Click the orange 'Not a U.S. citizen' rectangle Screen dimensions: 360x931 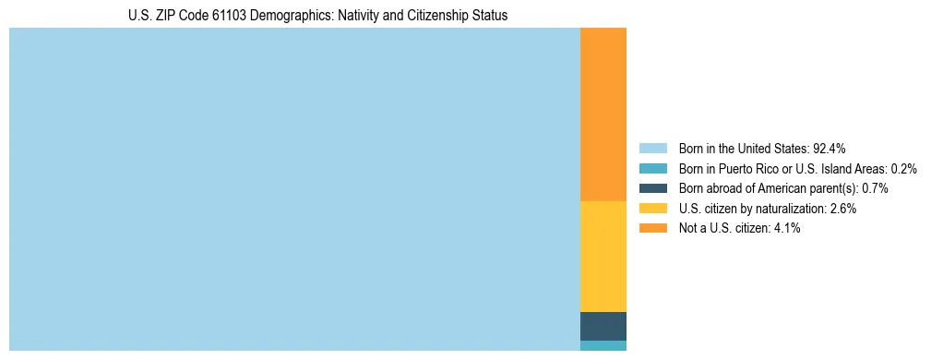pyautogui.click(x=603, y=114)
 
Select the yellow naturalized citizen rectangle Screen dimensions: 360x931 pyautogui.click(x=603, y=256)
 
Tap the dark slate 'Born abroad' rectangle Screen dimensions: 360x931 pyautogui.click(x=603, y=326)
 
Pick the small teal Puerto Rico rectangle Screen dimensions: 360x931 pyautogui.click(x=603, y=345)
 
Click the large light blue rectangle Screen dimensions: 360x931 pyautogui.click(x=294, y=188)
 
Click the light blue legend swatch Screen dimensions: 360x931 pyautogui.click(x=652, y=148)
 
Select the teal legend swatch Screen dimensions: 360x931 pyautogui.click(x=652, y=168)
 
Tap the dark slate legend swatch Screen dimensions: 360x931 pyautogui.click(x=652, y=188)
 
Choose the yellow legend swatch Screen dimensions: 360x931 pyautogui.click(x=652, y=209)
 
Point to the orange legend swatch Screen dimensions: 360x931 pyautogui.click(x=652, y=229)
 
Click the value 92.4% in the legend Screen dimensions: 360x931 pyautogui.click(x=830, y=148)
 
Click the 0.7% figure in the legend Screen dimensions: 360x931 pyautogui.click(x=875, y=188)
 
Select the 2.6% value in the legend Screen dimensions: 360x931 pyautogui.click(x=842, y=209)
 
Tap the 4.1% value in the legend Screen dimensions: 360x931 pyautogui.click(x=787, y=229)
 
